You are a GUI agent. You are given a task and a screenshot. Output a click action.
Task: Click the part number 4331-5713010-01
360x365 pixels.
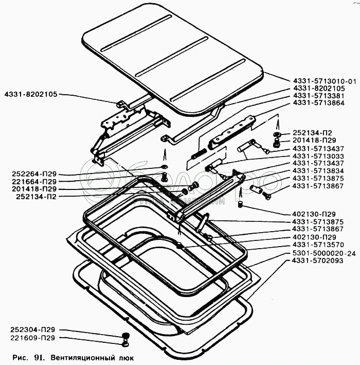click(x=325, y=81)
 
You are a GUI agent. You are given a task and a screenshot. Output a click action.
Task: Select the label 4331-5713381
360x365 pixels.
click(x=319, y=96)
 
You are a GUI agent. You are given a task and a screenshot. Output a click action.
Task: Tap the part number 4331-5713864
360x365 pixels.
click(x=319, y=102)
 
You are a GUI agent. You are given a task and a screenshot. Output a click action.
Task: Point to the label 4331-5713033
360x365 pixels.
click(x=318, y=156)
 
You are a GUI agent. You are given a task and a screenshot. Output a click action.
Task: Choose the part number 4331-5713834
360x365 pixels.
click(x=318, y=170)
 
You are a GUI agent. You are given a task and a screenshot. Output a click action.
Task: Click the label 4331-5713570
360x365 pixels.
click(x=318, y=245)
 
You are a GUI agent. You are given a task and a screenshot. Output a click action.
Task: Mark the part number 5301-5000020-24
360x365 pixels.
click(x=324, y=253)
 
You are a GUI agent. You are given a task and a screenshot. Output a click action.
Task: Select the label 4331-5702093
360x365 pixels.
click(x=317, y=260)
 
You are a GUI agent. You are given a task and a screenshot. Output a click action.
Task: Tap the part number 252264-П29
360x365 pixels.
click(x=34, y=174)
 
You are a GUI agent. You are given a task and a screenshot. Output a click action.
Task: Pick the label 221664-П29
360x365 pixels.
click(x=34, y=182)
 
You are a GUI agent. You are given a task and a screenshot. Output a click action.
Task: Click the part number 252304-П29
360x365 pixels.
click(x=33, y=329)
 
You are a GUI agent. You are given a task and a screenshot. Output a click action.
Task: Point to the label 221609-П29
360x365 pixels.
click(x=33, y=338)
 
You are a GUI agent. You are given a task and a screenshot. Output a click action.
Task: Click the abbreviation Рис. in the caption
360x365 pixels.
click(x=20, y=357)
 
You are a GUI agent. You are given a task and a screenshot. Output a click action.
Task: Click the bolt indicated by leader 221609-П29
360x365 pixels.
click(x=125, y=343)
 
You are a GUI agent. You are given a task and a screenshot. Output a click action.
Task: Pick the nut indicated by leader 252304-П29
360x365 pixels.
click(x=125, y=336)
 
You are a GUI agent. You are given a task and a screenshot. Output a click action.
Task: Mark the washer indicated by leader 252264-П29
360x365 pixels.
click(x=165, y=166)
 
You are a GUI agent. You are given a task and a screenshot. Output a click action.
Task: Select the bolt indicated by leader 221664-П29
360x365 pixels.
click(x=165, y=177)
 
